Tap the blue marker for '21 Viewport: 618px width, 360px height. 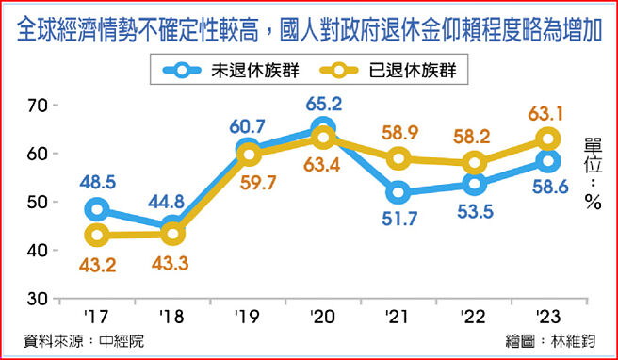tap(398, 193)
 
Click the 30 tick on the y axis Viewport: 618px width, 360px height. tap(37, 299)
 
